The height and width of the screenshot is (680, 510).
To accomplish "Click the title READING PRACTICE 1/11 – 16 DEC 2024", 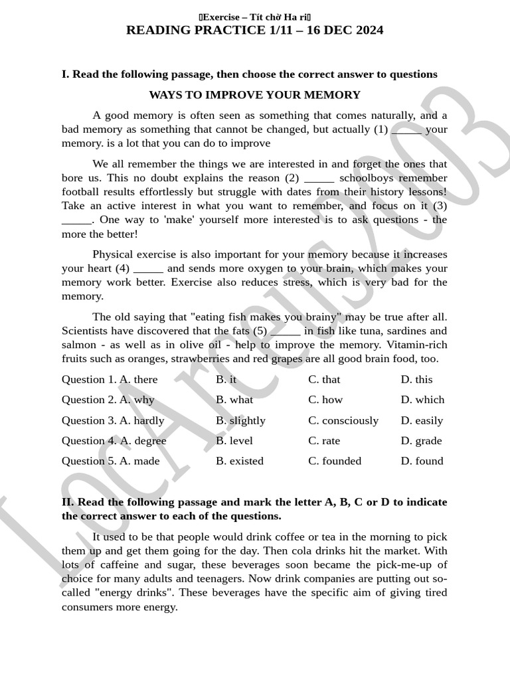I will (x=254, y=31).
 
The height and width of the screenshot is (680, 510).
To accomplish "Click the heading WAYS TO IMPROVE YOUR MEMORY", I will (x=254, y=95).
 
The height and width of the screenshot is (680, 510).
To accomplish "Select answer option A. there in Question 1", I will (x=139, y=379).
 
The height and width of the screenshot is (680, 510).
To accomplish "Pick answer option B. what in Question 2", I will (x=234, y=400).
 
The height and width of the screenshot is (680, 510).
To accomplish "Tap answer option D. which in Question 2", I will (x=422, y=400).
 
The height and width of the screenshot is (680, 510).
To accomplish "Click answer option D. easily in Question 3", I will (x=422, y=420).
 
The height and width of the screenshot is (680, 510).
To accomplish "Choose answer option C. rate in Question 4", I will (x=324, y=441).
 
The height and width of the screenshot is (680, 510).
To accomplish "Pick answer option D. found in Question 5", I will (x=422, y=461).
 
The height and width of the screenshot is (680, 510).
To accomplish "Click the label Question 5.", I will (x=88, y=461).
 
